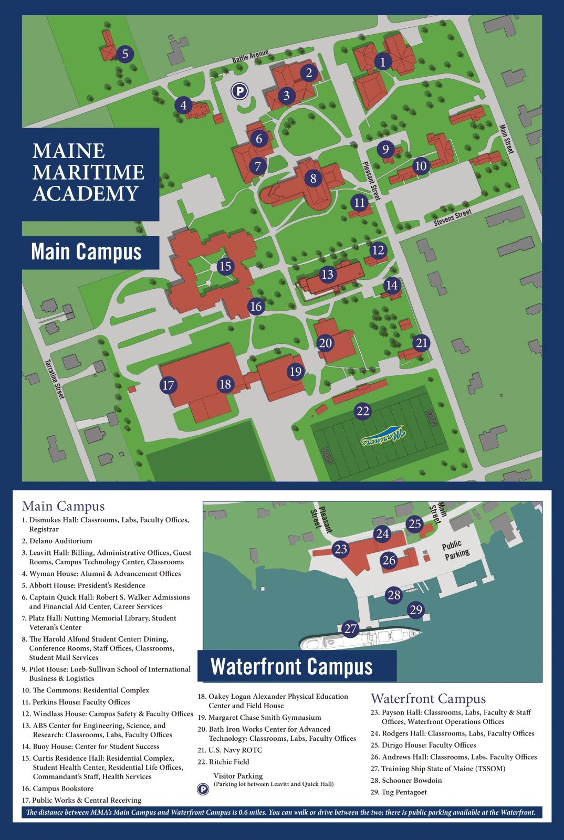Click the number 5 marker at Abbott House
click(x=125, y=54)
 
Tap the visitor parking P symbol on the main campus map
click(x=239, y=91)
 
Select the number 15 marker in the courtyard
click(x=225, y=266)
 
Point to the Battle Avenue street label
click(x=250, y=56)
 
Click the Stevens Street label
click(x=452, y=217)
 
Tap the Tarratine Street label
click(x=54, y=379)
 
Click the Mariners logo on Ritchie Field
click(x=383, y=435)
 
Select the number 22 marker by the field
click(x=363, y=411)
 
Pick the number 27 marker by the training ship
click(x=350, y=628)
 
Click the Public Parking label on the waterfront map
click(x=455, y=550)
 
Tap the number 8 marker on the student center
click(x=313, y=178)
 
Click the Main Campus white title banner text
click(x=86, y=251)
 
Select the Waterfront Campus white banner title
click(x=291, y=666)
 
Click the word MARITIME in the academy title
click(x=88, y=172)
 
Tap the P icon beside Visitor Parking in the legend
click(x=203, y=789)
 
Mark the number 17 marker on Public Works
click(x=168, y=385)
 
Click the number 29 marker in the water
click(x=415, y=610)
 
